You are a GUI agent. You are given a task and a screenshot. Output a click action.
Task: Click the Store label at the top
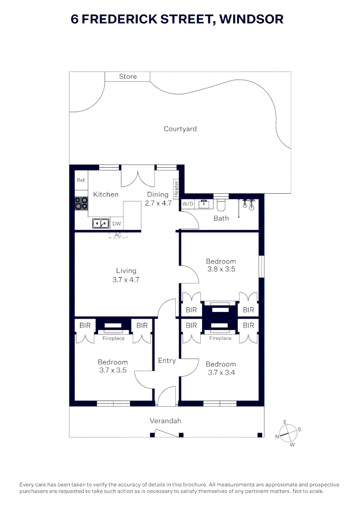(x=128, y=76)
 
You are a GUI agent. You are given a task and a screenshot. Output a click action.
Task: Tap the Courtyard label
(x=180, y=129)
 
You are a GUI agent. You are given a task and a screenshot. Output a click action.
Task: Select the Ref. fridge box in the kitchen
(x=81, y=181)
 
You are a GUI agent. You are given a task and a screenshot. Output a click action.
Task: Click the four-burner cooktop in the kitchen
(x=81, y=203)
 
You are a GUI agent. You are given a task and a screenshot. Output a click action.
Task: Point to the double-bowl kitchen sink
(x=101, y=223)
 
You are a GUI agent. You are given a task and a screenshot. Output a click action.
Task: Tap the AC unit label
(x=118, y=235)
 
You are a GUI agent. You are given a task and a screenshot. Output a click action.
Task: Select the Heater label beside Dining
(x=176, y=189)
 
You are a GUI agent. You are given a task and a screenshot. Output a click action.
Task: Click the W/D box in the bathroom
(x=188, y=204)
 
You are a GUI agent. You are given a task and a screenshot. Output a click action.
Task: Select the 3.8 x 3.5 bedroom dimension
(x=221, y=269)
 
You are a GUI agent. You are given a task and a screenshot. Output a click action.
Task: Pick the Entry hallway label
(x=167, y=361)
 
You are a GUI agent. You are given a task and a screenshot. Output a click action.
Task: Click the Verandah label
(x=165, y=421)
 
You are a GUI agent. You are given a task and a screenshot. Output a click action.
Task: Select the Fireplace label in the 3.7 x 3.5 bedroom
(x=114, y=338)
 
